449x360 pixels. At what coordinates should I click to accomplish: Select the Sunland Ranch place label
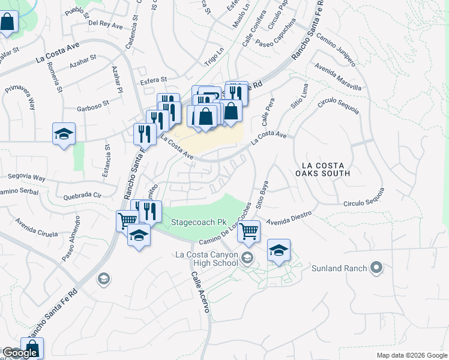(339, 268)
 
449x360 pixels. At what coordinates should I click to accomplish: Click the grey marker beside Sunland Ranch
(377, 268)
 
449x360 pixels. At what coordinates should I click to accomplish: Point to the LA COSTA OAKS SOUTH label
(326, 169)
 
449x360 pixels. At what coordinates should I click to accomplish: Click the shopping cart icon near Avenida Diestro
(249, 230)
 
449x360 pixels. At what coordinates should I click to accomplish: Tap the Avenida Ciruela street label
(37, 226)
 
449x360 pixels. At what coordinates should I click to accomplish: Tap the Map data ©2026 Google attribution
(411, 355)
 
